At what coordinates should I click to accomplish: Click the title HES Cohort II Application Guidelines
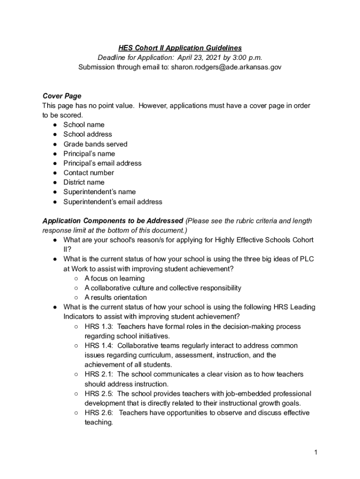[x=180, y=48]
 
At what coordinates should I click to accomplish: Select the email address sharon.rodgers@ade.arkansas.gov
[x=226, y=67]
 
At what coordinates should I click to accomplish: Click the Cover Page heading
[x=62, y=96]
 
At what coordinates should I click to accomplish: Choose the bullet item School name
[x=84, y=125]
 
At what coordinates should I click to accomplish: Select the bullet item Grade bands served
[x=95, y=144]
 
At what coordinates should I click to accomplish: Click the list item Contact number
[x=88, y=173]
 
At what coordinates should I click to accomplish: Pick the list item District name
[x=84, y=182]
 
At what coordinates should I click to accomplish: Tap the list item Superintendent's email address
[x=113, y=202]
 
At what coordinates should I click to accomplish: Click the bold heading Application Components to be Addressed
[x=113, y=221]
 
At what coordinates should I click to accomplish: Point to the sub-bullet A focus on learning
[x=115, y=278]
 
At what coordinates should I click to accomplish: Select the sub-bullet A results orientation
[x=115, y=298]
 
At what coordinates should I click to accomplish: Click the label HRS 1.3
[x=98, y=327]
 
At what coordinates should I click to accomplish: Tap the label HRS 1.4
[x=98, y=346]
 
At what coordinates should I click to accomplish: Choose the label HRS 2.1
[x=98, y=374]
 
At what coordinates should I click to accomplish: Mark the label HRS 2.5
[x=98, y=393]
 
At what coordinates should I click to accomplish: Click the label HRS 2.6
[x=98, y=413]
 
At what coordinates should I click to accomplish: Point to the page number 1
[x=316, y=452]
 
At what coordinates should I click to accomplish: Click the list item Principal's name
[x=89, y=153]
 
